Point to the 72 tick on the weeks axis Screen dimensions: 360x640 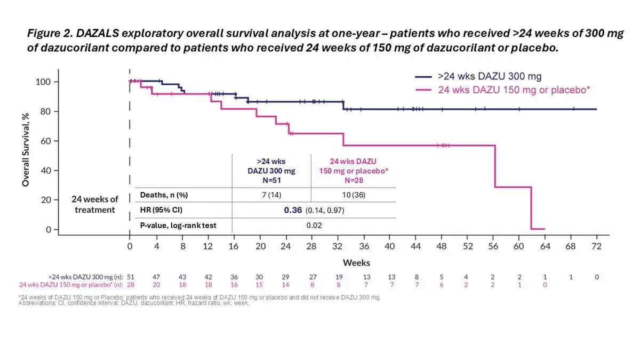pyautogui.click(x=596, y=246)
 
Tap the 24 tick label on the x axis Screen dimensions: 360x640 pyautogui.click(x=286, y=246)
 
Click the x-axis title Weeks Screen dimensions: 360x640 pyautogui.click(x=357, y=262)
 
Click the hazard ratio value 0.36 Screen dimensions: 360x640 pyautogui.click(x=294, y=210)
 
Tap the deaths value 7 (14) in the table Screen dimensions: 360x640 pyautogui.click(x=271, y=195)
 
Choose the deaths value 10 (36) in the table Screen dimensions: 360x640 pyautogui.click(x=354, y=195)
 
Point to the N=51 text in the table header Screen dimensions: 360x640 pyautogui.click(x=271, y=180)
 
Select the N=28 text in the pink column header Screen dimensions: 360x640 pyautogui.click(x=354, y=180)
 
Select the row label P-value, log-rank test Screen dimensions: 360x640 pyautogui.click(x=178, y=226)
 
